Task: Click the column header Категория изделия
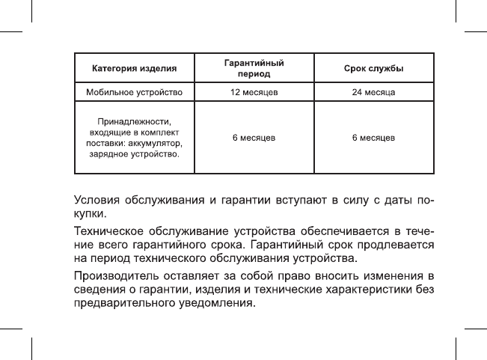pos(134,69)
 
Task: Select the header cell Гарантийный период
pos(254,69)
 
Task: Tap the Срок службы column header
pos(373,69)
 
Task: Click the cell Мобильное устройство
pos(134,93)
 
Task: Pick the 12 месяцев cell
pos(254,93)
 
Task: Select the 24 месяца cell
pos(373,93)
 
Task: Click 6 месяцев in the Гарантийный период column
pos(254,138)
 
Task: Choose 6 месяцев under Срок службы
pos(373,138)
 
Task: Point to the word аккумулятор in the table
pos(156,143)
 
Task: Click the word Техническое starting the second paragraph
pos(108,230)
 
